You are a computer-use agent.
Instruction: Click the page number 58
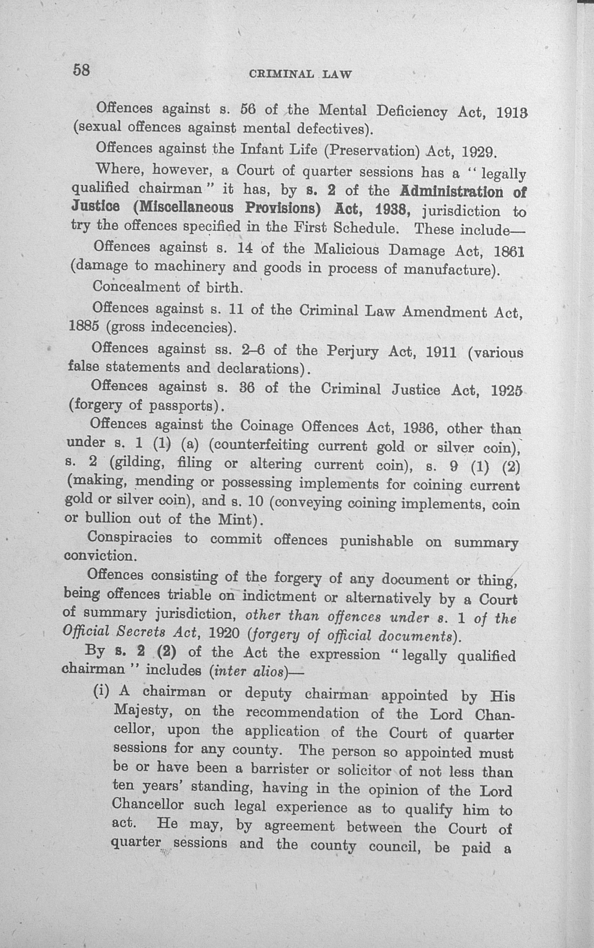[x=82, y=70]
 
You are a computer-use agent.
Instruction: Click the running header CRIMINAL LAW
[x=300, y=74]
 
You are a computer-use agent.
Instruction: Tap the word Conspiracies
[x=130, y=537]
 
